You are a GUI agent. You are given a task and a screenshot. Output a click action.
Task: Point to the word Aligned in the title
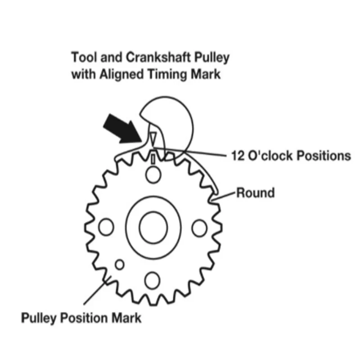[x=124, y=74]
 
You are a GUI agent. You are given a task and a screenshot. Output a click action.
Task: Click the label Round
[x=256, y=193]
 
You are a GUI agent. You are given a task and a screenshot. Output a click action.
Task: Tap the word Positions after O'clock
[x=323, y=156]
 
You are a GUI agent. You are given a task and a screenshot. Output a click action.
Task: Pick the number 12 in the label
[x=237, y=156]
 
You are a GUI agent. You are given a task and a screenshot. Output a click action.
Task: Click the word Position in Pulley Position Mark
[x=89, y=318]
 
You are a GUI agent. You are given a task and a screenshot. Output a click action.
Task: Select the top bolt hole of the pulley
[x=153, y=175]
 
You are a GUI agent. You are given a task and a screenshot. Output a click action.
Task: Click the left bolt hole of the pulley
[x=106, y=227]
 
